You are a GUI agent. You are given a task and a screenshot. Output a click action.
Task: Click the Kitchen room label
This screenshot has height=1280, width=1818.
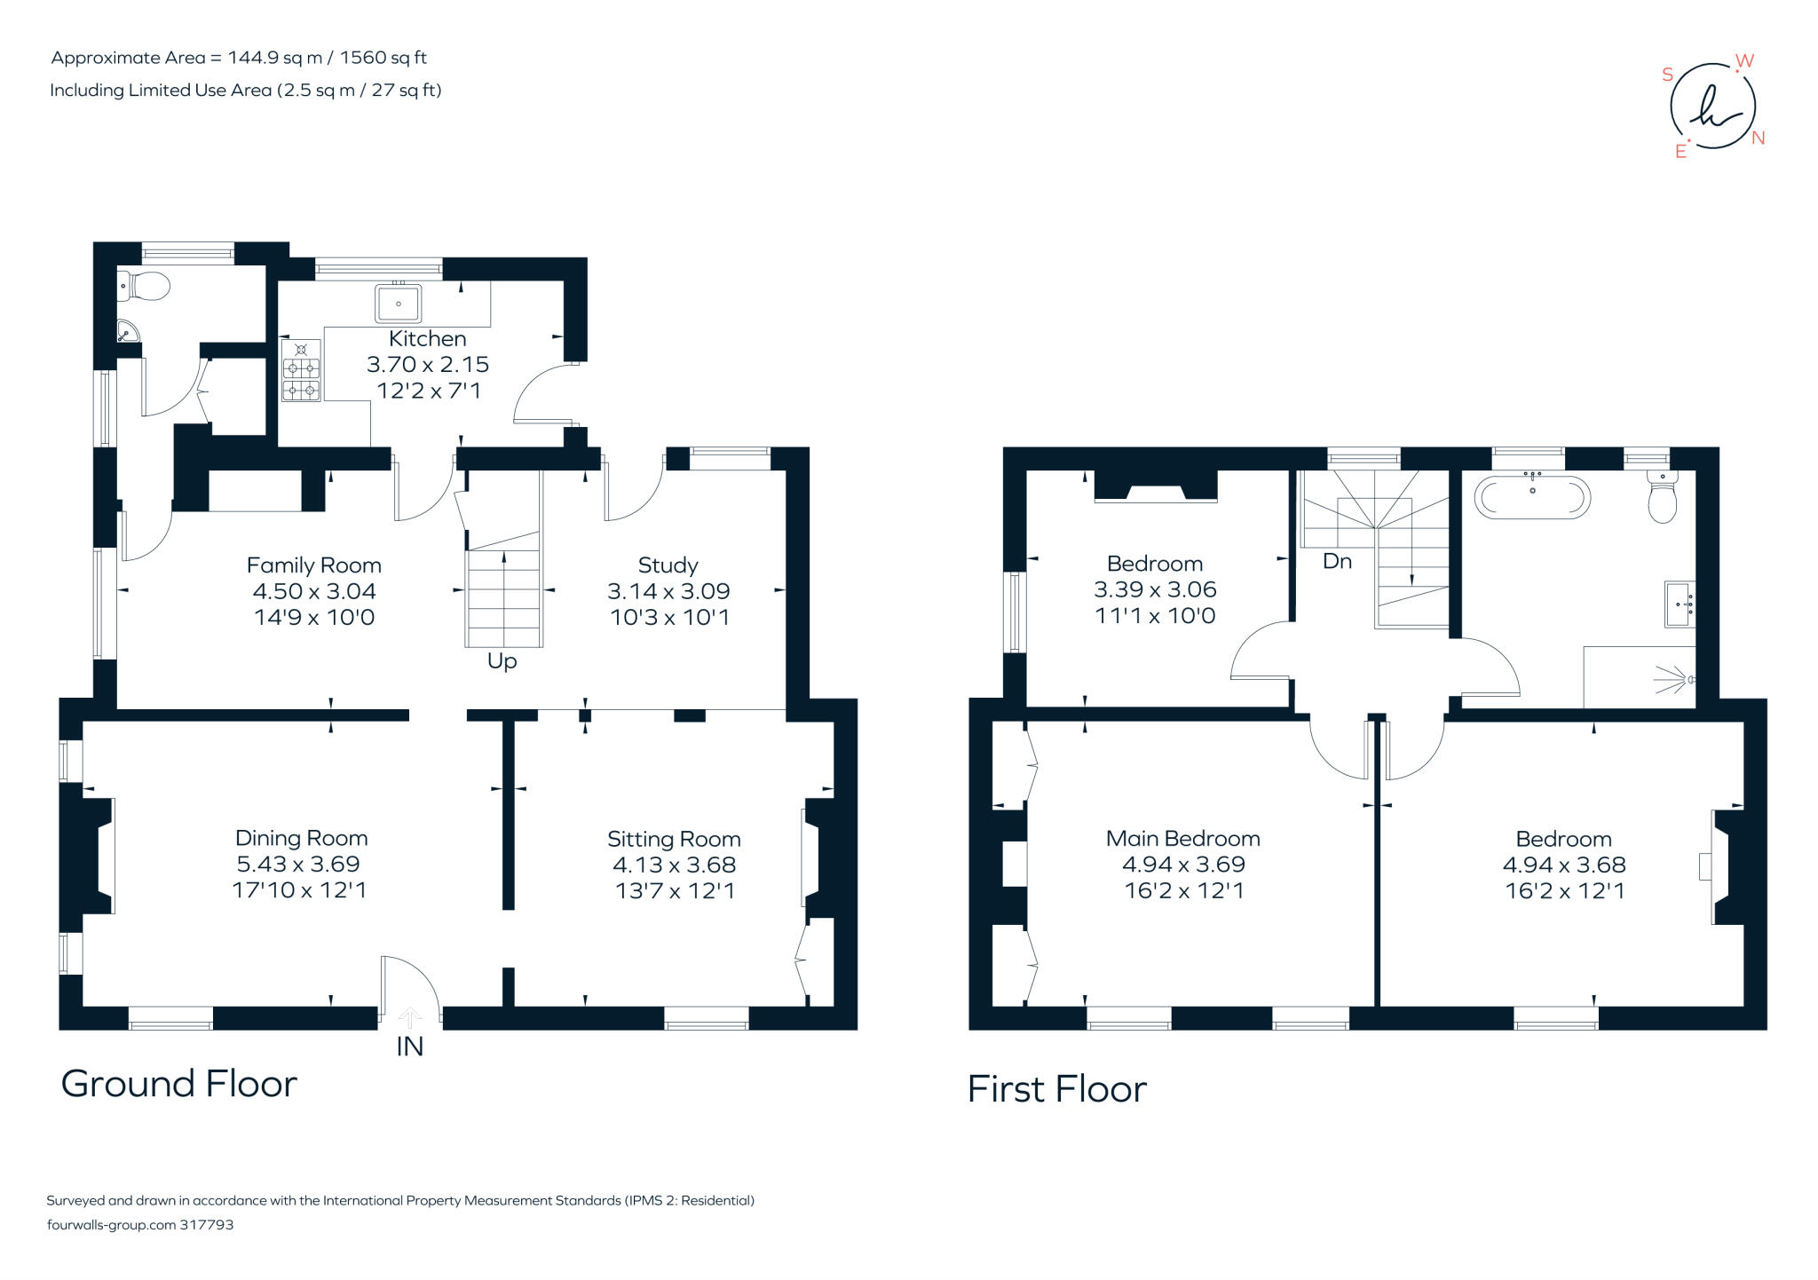[427, 338]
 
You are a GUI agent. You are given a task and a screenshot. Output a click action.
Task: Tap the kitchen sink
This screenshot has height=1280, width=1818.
[398, 304]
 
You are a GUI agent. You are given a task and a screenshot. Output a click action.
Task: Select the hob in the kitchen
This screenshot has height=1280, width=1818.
[301, 370]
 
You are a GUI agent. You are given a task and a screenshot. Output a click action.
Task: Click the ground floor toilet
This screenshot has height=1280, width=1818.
[145, 286]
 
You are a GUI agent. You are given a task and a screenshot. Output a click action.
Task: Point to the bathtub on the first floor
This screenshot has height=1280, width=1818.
[1532, 497]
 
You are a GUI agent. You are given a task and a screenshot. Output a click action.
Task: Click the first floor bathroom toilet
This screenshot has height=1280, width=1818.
[1662, 498]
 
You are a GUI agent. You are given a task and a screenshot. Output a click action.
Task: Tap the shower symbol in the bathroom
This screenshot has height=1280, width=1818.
[1676, 680]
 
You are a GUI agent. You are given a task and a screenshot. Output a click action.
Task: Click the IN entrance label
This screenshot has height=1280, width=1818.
[409, 1047]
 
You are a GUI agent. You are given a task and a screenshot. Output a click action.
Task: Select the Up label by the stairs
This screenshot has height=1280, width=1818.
[502, 661]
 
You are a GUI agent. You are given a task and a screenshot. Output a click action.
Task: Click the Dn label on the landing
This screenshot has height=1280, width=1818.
[1337, 561]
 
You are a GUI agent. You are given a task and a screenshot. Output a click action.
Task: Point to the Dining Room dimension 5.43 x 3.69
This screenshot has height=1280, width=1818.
[298, 864]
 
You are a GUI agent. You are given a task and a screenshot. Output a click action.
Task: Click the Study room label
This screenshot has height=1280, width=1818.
[668, 565]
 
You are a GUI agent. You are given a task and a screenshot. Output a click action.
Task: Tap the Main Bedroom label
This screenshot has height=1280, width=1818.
[1182, 838]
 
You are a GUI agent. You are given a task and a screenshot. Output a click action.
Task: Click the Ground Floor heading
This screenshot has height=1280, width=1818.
[178, 1084]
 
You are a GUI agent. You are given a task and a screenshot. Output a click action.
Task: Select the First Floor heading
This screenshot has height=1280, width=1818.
[1056, 1089]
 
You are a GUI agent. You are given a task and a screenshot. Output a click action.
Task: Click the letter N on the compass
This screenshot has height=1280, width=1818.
[1758, 138]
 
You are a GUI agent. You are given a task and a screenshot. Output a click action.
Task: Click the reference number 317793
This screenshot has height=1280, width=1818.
[206, 1224]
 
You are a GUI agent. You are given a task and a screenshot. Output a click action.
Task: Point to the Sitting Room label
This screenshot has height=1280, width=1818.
[674, 839]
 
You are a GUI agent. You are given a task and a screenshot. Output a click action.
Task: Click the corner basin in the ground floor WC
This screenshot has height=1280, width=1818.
[128, 330]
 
